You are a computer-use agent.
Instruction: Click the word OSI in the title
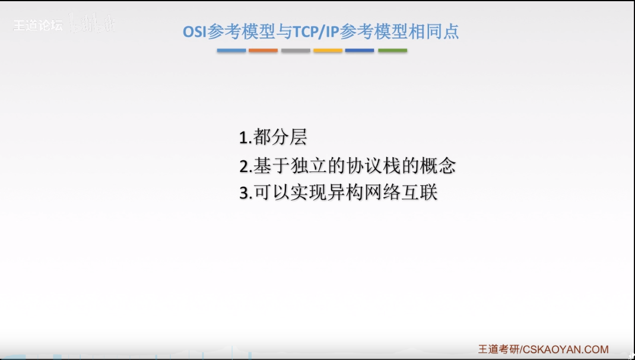195,31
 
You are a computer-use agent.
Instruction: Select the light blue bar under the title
231,50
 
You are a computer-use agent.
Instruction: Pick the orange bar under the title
263,50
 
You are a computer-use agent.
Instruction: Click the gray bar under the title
296,50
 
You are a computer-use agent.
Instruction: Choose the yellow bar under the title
328,50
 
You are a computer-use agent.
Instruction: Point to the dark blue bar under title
360,50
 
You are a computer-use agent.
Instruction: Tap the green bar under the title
392,50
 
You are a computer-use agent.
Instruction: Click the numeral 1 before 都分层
243,138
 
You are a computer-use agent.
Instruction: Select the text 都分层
280,138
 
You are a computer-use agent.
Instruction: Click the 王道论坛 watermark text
37,26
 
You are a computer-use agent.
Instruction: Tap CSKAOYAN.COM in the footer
566,349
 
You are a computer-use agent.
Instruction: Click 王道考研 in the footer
498,349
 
